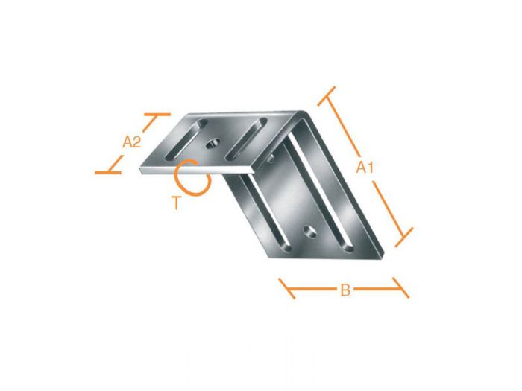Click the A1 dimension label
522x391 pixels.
[364, 168]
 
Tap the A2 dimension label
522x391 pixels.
[132, 142]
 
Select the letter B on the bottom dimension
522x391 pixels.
[345, 290]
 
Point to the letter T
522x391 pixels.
[176, 202]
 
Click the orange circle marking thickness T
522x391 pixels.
[191, 178]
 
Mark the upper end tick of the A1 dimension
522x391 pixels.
[327, 95]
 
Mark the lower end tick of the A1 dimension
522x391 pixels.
[403, 238]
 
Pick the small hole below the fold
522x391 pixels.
[268, 157]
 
